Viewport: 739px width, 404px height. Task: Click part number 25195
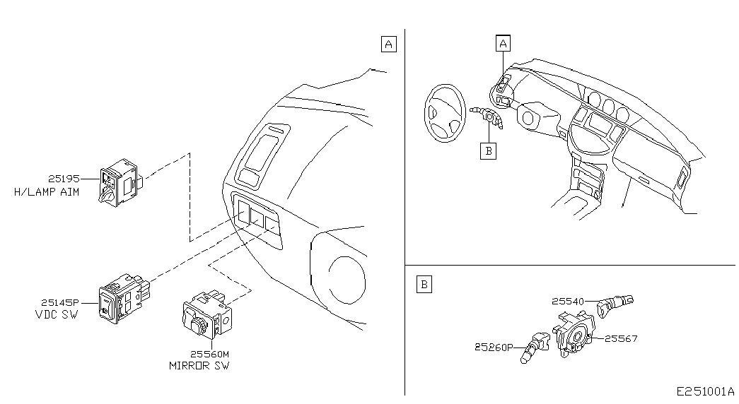click(x=64, y=179)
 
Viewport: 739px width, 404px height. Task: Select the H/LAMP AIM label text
click(x=47, y=192)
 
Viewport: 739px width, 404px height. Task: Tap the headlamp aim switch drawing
click(x=120, y=182)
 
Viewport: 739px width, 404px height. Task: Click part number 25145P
click(x=60, y=303)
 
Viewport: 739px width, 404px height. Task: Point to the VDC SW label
click(x=57, y=314)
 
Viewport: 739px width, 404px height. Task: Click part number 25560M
click(x=209, y=354)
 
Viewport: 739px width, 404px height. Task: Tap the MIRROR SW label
click(x=199, y=366)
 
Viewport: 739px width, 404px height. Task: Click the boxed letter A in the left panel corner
click(x=388, y=44)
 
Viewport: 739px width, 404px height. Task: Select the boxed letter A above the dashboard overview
click(x=504, y=43)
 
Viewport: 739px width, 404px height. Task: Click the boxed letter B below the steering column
click(x=488, y=151)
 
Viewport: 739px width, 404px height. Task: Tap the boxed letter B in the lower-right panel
click(x=424, y=285)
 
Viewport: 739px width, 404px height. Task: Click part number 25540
click(x=568, y=302)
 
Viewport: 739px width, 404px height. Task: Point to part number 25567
click(x=621, y=338)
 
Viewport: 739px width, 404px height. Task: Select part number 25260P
click(x=494, y=347)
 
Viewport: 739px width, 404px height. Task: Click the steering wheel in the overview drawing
click(x=445, y=113)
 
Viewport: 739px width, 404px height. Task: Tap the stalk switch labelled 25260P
click(x=535, y=347)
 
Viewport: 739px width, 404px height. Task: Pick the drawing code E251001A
click(x=706, y=391)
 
